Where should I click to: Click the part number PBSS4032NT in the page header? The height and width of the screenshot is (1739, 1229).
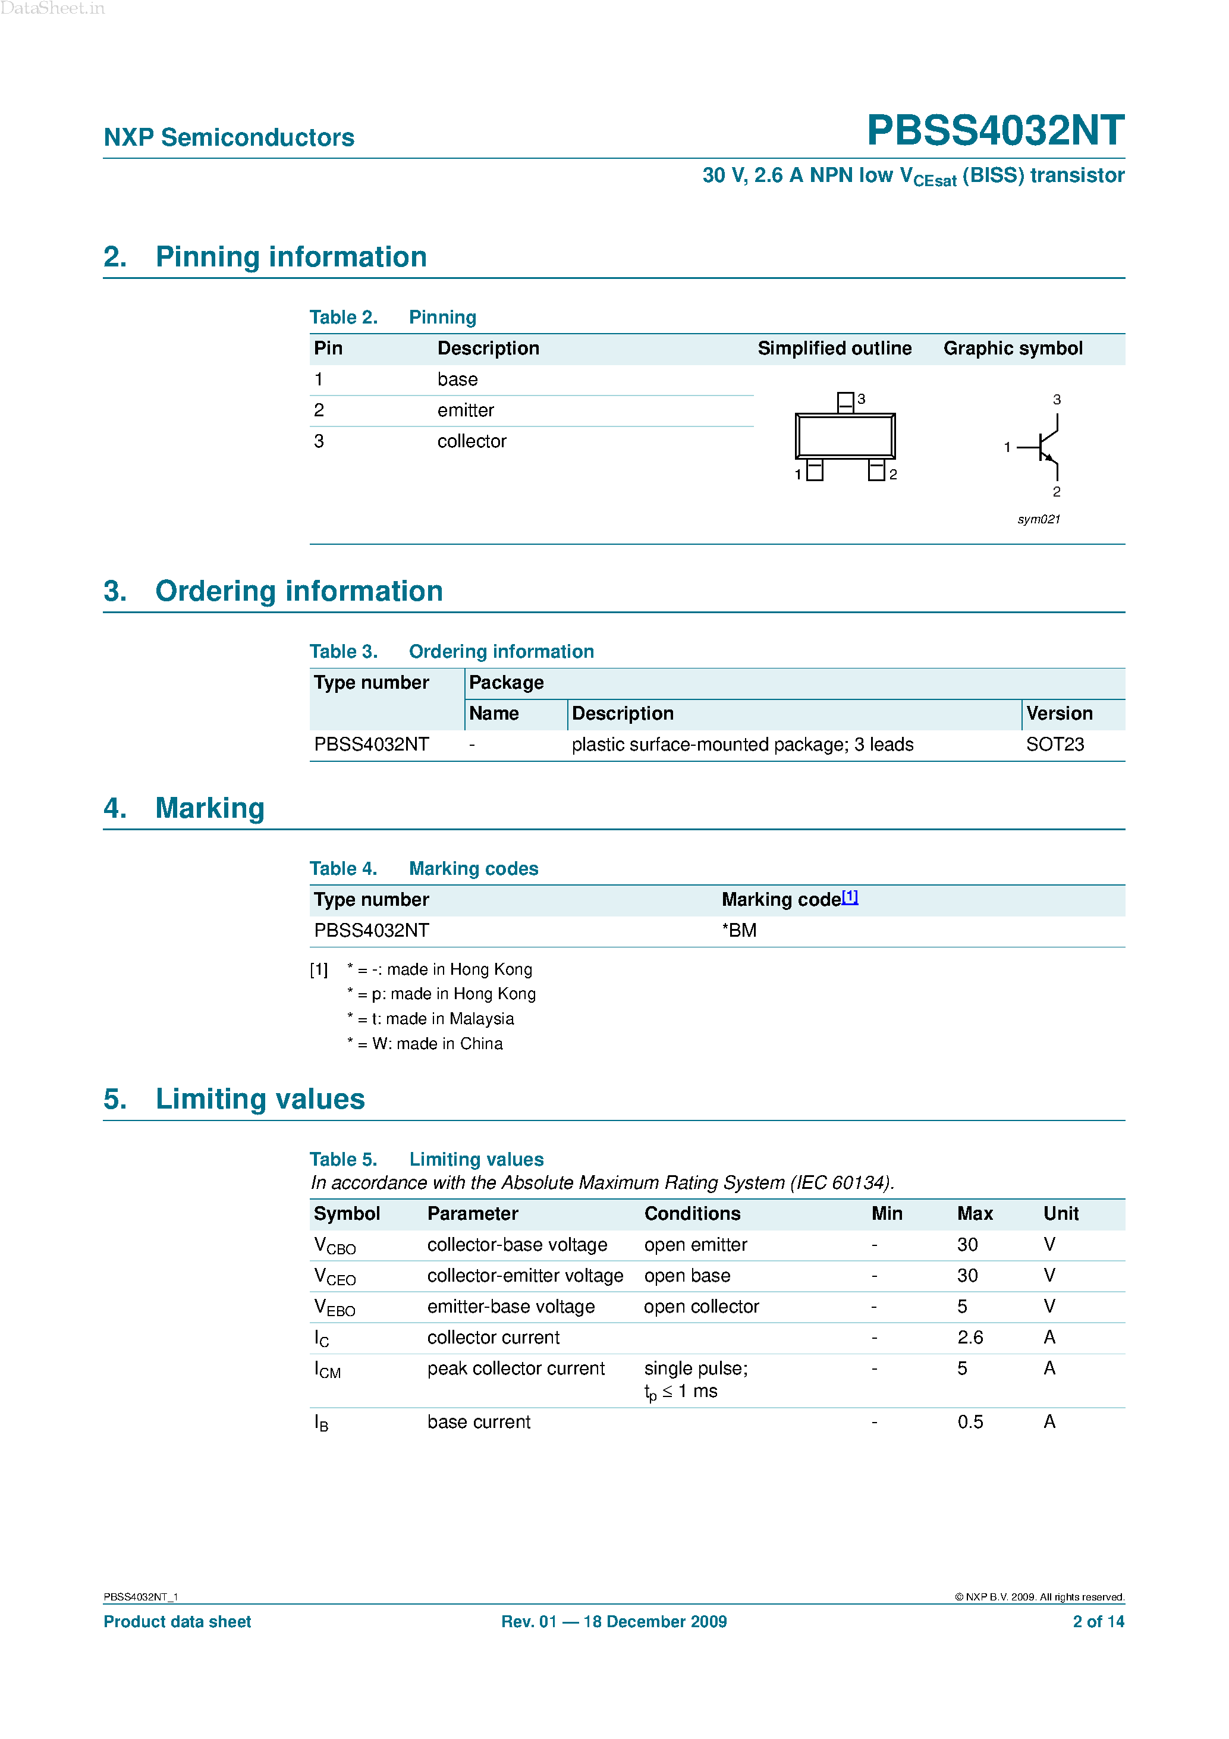pyautogui.click(x=995, y=130)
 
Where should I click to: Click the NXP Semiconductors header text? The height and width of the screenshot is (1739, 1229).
pyautogui.click(x=229, y=138)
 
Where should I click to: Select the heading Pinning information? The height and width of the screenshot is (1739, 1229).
pyautogui.click(x=291, y=258)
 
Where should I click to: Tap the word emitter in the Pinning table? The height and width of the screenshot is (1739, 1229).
pyautogui.click(x=465, y=410)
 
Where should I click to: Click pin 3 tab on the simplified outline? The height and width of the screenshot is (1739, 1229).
pyautogui.click(x=845, y=401)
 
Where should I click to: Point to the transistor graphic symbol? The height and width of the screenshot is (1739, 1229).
pyautogui.click(x=1043, y=447)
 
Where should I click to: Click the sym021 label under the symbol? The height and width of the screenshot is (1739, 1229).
pyautogui.click(x=1038, y=520)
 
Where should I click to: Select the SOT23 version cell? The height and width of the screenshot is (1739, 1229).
pyautogui.click(x=1055, y=745)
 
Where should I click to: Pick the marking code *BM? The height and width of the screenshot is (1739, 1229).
pyautogui.click(x=739, y=931)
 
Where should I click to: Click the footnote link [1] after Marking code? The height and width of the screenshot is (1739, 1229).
pyautogui.click(x=850, y=897)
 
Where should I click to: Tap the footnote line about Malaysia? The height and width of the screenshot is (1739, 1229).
pyautogui.click(x=431, y=1019)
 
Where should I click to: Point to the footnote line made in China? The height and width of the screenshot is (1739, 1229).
pyautogui.click(x=426, y=1044)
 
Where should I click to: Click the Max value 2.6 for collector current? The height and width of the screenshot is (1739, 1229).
pyautogui.click(x=970, y=1338)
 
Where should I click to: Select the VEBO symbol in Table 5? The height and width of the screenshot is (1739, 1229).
pyautogui.click(x=334, y=1308)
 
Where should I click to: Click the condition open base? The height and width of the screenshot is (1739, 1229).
pyautogui.click(x=687, y=1276)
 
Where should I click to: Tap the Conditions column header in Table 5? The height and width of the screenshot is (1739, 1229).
pyautogui.click(x=692, y=1214)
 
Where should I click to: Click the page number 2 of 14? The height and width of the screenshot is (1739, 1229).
pyautogui.click(x=1098, y=1622)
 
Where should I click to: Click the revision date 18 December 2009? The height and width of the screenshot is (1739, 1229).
pyautogui.click(x=655, y=1622)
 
